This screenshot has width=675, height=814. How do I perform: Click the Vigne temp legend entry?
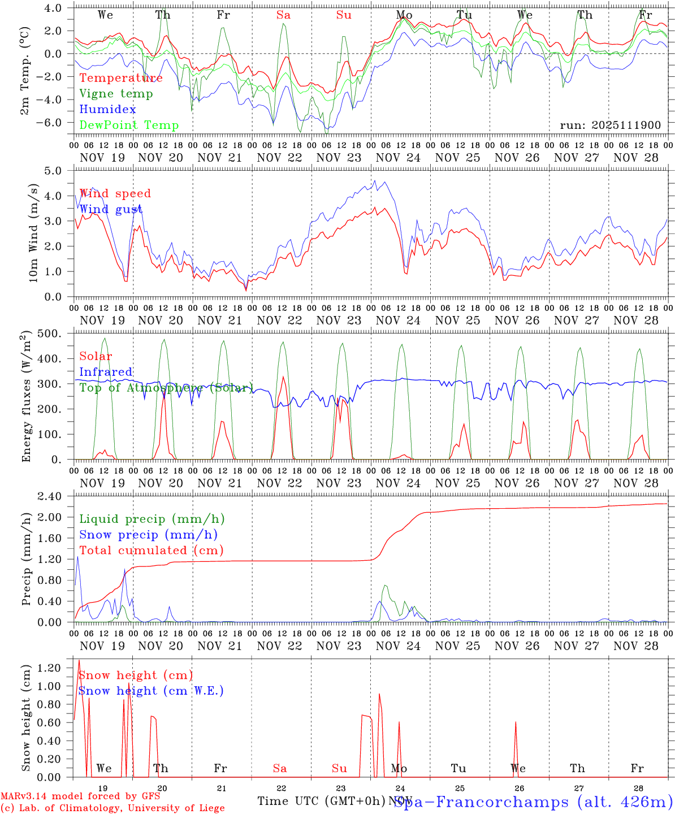point(116,94)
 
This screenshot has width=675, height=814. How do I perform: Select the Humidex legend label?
point(107,110)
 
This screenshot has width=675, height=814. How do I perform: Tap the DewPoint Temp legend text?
point(129,125)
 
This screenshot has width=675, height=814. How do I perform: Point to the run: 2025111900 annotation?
point(610,125)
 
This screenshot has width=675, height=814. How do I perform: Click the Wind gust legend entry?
point(111,210)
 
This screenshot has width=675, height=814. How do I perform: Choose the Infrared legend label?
point(106,372)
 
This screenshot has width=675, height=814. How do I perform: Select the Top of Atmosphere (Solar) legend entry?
point(166,388)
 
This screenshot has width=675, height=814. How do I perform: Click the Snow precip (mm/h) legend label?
point(148,535)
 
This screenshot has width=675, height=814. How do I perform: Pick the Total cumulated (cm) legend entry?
point(151,550)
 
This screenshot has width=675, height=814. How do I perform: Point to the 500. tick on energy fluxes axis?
point(55,334)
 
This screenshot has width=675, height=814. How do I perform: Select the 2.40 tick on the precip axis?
point(55,496)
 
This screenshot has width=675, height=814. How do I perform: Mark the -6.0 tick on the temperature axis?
point(55,122)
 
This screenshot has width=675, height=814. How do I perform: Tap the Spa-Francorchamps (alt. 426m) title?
point(533,802)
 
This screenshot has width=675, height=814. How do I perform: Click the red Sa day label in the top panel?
point(283,15)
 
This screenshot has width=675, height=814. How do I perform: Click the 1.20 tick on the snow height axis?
point(55,668)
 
